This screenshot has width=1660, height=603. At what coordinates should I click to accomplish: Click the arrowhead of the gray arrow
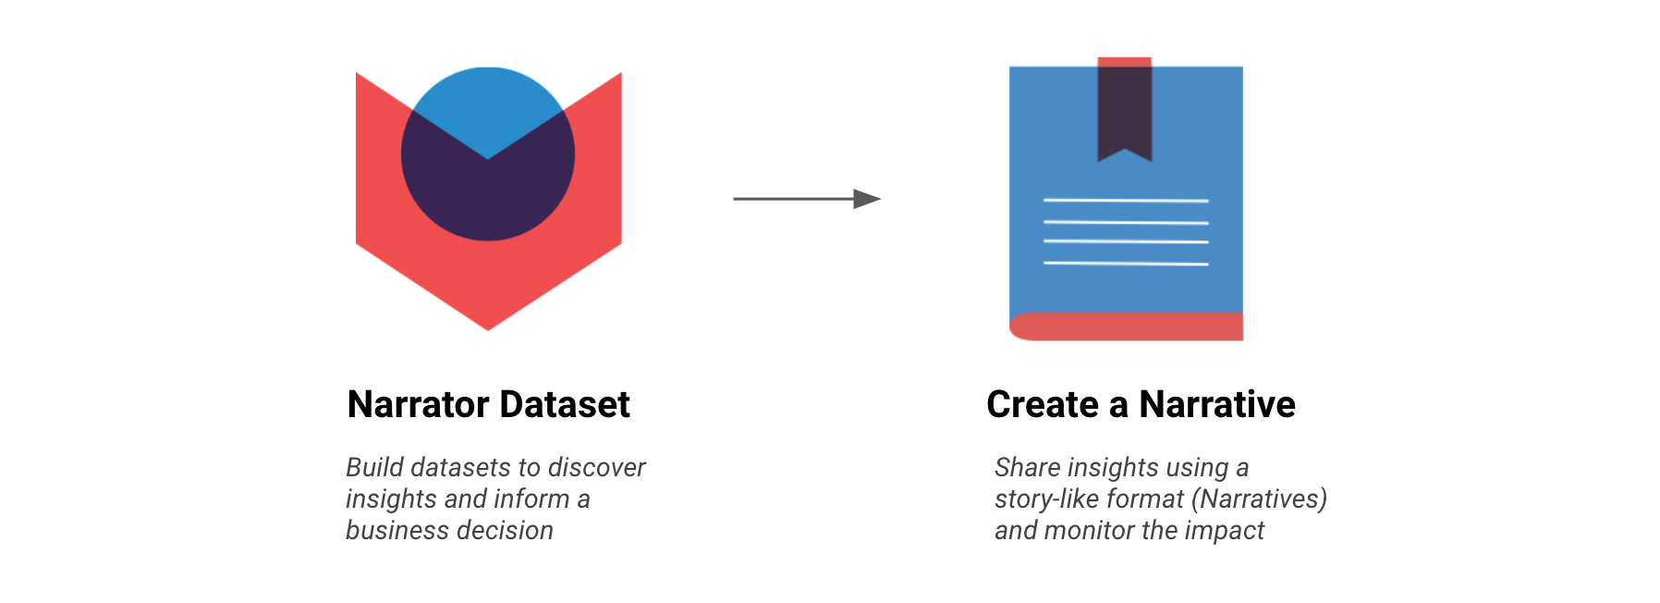tap(867, 199)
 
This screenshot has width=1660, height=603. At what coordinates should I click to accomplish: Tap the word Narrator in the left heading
tap(419, 404)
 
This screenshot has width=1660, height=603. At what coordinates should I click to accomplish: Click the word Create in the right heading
tap(1044, 404)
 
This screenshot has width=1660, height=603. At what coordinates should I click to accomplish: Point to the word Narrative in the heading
tap(1217, 404)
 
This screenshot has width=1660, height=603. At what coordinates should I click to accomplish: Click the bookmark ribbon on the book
tap(1125, 109)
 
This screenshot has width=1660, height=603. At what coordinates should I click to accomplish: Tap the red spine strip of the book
tap(1126, 326)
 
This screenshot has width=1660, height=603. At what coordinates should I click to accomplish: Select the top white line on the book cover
tap(1126, 200)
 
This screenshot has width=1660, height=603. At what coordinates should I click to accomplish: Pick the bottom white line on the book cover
tap(1126, 264)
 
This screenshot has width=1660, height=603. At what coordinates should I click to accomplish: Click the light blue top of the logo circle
tap(488, 102)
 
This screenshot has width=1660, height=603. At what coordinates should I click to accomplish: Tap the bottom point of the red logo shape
tap(488, 329)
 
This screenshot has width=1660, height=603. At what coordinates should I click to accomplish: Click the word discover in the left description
tap(596, 467)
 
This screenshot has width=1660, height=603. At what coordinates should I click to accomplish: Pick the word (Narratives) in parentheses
tap(1259, 499)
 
